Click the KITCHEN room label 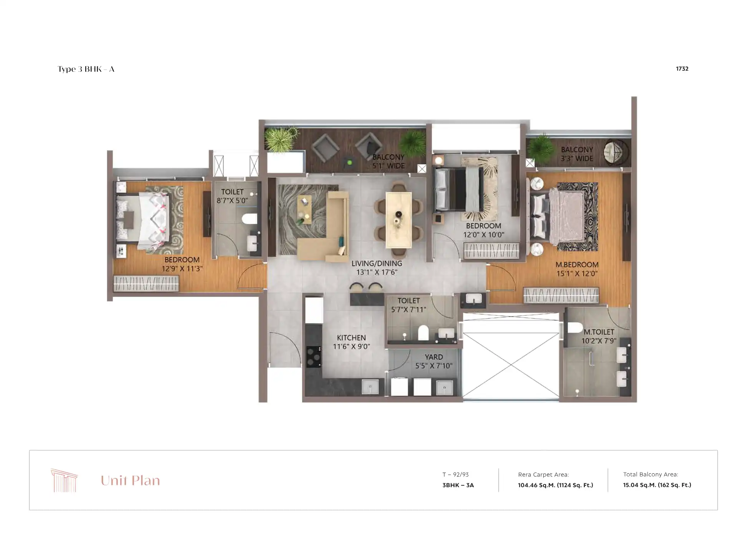point(351,338)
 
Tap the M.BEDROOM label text point(577,265)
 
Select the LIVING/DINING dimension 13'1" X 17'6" point(377,272)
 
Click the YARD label point(433,357)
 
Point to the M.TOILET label point(599,332)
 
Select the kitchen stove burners point(314,357)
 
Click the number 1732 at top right point(682,69)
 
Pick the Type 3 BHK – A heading point(86,69)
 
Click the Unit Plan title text point(130,481)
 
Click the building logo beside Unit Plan point(64,480)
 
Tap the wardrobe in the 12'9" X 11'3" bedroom point(146,284)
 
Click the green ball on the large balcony point(349,163)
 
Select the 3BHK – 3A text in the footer point(458,485)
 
